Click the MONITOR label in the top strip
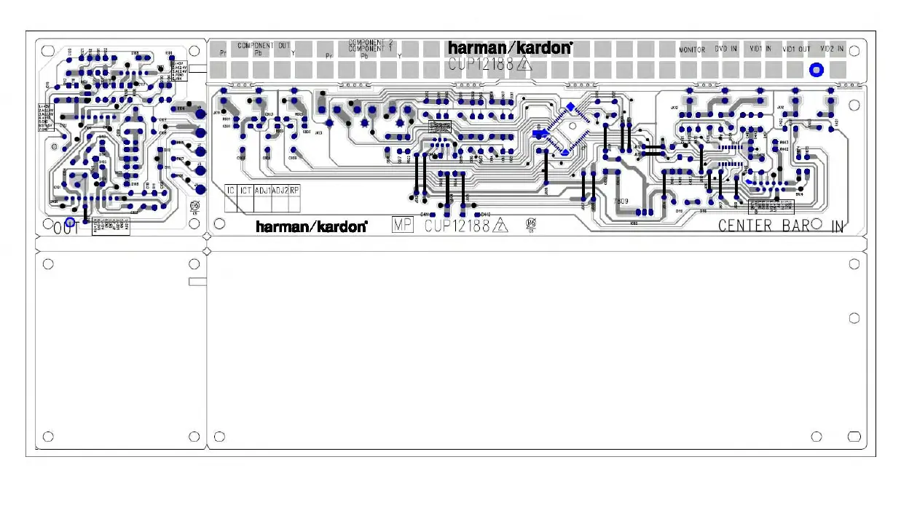coord(692,50)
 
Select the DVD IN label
coord(725,49)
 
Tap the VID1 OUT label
coord(796,49)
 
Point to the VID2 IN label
coord(832,49)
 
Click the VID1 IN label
coord(760,49)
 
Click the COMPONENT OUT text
coord(263,45)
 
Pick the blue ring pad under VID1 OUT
coord(817,70)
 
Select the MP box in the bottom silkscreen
coord(403,225)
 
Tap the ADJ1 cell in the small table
coord(262,190)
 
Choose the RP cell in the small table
coord(294,190)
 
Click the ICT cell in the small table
coord(245,190)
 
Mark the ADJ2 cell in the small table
coord(280,190)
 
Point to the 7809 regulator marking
coord(621,201)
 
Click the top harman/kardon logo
coord(510,47)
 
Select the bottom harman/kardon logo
coord(311,226)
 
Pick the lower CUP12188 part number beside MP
coord(457,226)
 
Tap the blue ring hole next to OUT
coord(70,222)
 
